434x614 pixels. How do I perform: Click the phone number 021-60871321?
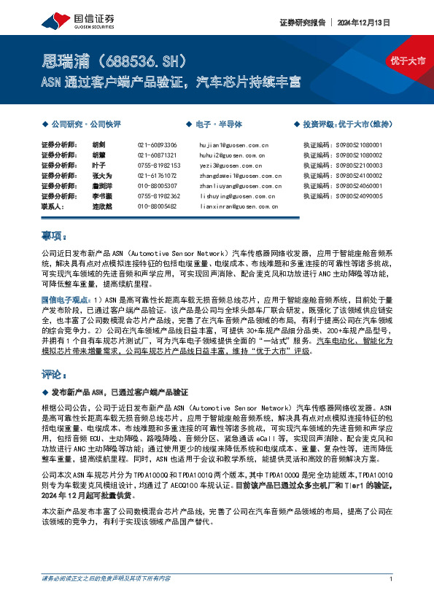point(157,156)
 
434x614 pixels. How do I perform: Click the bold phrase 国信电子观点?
point(66,299)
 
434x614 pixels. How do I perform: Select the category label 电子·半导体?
point(211,125)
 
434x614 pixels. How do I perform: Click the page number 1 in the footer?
point(392,599)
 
